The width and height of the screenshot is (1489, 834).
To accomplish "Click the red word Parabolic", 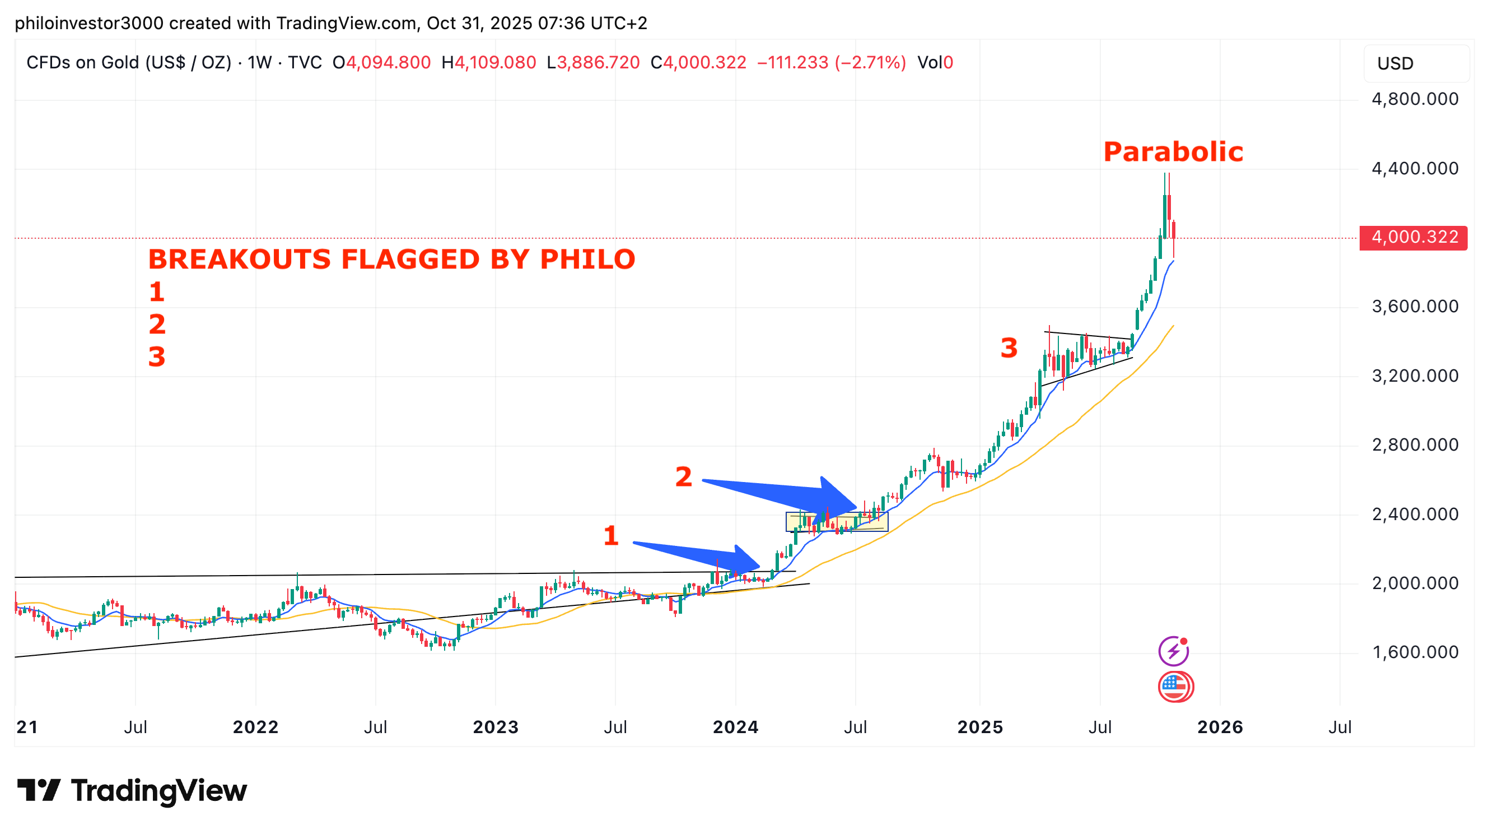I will click(x=1173, y=152).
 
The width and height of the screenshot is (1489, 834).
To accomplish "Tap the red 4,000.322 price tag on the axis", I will click(x=1413, y=237).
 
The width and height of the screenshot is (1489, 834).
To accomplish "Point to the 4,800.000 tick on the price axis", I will click(x=1415, y=99).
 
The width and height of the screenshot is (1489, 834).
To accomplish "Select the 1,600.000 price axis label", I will click(x=1415, y=652).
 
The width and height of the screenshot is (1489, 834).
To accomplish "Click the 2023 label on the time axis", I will click(x=496, y=726).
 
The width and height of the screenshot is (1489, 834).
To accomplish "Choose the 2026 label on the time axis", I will click(x=1220, y=726).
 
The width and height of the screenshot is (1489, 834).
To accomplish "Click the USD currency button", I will click(x=1395, y=63).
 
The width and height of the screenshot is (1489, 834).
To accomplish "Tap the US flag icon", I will click(x=1175, y=687).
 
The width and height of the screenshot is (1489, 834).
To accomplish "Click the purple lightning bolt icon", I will click(x=1173, y=651).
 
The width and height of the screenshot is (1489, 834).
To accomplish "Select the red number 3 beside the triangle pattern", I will click(x=1009, y=348).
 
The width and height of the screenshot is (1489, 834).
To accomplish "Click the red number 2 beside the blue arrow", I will click(x=683, y=476).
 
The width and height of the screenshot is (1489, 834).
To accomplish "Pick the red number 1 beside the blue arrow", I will click(x=611, y=536).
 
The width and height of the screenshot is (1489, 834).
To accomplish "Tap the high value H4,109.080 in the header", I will click(x=488, y=62).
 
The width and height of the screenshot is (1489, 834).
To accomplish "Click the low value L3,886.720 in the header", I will click(x=593, y=62).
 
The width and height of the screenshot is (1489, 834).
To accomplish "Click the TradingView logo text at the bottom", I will click(x=158, y=791).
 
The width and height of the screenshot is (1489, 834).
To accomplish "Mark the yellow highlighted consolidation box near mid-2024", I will click(x=837, y=522).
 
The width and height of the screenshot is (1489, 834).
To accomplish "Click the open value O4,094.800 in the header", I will click(x=381, y=62).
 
